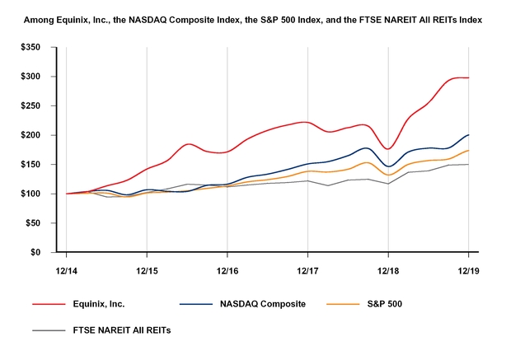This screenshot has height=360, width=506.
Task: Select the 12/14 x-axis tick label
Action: pyautogui.click(x=66, y=269)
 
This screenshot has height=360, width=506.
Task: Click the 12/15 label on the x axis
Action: pyautogui.click(x=147, y=269)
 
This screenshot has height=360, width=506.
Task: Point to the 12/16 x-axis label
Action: pyautogui.click(x=227, y=269)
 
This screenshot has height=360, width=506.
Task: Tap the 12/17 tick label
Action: pyautogui.click(x=307, y=269)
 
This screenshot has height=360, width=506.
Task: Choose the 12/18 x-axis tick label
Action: pyautogui.click(x=388, y=269)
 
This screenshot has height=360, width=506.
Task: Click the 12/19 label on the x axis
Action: pyautogui.click(x=469, y=269)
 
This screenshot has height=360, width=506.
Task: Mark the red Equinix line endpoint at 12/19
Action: pyautogui.click(x=469, y=77)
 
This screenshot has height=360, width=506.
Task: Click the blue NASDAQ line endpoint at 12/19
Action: pyautogui.click(x=469, y=134)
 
